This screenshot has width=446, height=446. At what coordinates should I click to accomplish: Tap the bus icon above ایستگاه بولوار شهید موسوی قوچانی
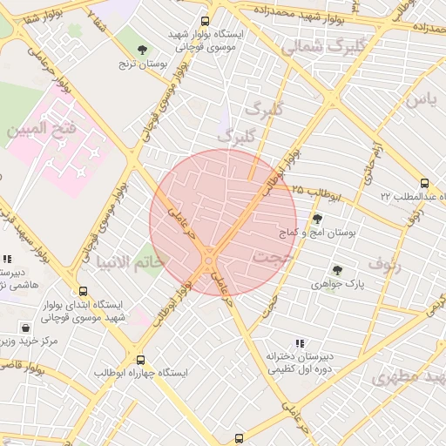(206, 22)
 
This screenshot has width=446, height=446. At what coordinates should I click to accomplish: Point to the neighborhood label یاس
(419, 100)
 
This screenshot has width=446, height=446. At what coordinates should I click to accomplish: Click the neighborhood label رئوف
(384, 261)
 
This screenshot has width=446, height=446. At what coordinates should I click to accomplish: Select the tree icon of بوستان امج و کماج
(316, 219)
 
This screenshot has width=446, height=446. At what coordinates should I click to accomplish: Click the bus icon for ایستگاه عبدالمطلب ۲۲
(424, 184)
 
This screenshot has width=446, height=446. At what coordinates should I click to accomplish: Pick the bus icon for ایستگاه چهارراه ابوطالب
(140, 359)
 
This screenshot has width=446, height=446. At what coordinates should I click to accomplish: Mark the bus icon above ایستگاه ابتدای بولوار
(83, 292)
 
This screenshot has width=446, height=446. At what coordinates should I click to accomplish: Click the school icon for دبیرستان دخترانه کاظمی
(300, 343)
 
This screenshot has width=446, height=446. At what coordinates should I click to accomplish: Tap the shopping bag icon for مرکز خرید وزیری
(27, 328)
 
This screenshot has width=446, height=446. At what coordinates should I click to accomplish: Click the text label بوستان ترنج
(141, 64)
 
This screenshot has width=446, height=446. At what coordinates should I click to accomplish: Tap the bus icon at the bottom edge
(240, 438)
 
